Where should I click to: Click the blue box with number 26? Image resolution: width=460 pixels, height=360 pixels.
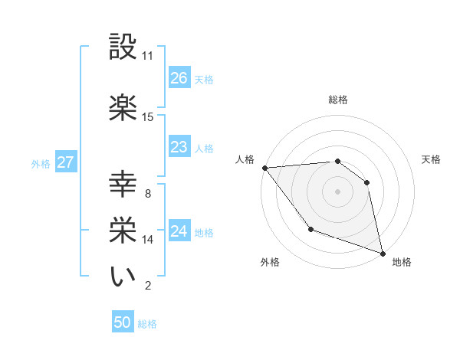click(x=179, y=78)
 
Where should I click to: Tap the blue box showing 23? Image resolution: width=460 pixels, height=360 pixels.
click(x=179, y=147)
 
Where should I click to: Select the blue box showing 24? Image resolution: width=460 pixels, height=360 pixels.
click(x=179, y=231)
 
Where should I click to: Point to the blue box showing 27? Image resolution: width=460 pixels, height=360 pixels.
click(x=66, y=162)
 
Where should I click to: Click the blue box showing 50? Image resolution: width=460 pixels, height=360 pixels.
click(x=123, y=322)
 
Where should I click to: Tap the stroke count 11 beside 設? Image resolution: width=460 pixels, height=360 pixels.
click(x=148, y=56)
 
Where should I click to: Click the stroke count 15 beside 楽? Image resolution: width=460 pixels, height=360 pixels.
click(x=148, y=117)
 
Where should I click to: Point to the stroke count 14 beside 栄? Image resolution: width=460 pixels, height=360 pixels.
click(x=148, y=240)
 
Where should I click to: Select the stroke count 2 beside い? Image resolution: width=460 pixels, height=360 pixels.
click(x=148, y=286)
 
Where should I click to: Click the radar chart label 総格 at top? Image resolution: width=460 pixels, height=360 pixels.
click(x=337, y=100)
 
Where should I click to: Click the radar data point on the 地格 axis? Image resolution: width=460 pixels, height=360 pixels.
click(x=382, y=252)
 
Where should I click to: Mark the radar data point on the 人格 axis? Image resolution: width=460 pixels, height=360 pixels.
click(x=264, y=168)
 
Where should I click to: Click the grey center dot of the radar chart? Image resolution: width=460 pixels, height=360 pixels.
click(x=337, y=191)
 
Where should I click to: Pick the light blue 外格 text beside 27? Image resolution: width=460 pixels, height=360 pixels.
click(x=40, y=163)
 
